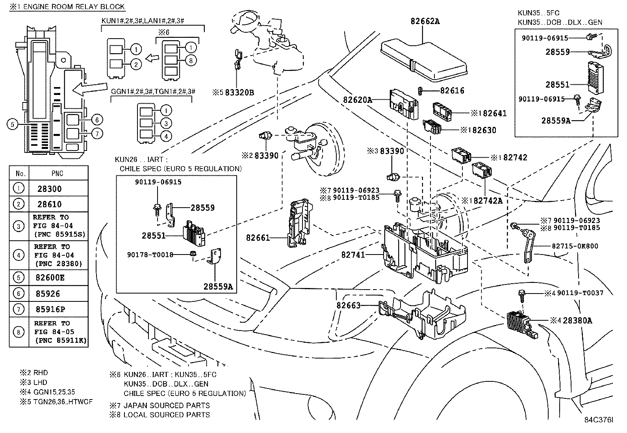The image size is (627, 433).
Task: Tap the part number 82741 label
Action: pyautogui.click(x=353, y=255)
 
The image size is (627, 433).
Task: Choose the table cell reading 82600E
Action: pyautogui.click(x=51, y=277)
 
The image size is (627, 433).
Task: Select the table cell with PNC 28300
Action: pyautogui.click(x=50, y=189)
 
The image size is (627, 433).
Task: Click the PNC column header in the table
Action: pyautogui.click(x=58, y=173)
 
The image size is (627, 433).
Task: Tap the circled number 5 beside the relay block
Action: pyautogui.click(x=13, y=125)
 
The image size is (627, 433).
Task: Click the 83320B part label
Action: pyautogui.click(x=239, y=93)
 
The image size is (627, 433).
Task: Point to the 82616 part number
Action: pyautogui.click(x=452, y=91)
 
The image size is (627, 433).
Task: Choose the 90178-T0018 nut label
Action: pyautogui.click(x=150, y=255)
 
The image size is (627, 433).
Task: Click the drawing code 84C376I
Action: pyautogui.click(x=599, y=420)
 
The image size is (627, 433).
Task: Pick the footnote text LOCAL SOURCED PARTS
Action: pyautogui.click(x=167, y=414)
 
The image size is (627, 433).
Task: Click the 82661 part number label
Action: pyautogui.click(x=258, y=238)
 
